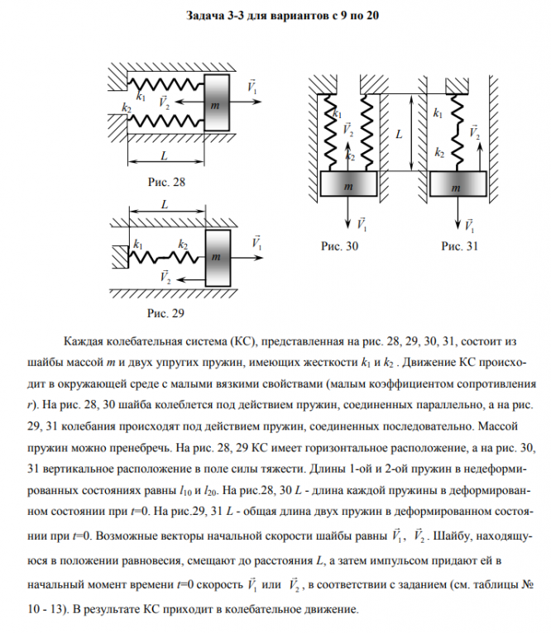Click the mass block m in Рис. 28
point(215,103)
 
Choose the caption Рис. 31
point(460,246)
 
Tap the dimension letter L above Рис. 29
point(165,203)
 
